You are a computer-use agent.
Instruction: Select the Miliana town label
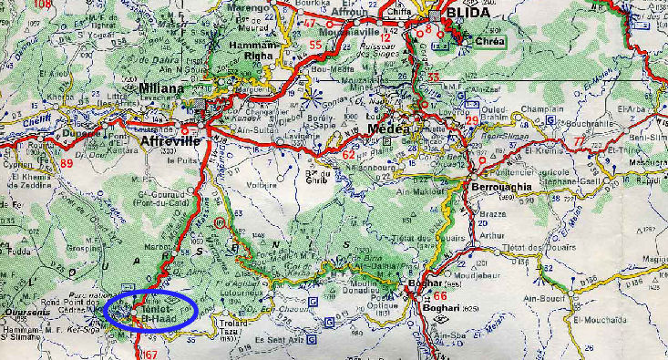(x=163, y=89)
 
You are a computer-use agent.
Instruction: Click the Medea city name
(x=388, y=129)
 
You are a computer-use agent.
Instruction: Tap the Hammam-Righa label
(x=241, y=51)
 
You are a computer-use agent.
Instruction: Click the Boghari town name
(x=441, y=309)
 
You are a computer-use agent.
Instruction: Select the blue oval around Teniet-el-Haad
(x=151, y=310)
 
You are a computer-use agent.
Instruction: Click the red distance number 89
(x=66, y=163)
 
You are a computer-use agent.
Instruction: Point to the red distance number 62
(x=348, y=154)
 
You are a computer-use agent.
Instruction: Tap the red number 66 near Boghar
(x=440, y=296)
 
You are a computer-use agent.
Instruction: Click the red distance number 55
(x=315, y=44)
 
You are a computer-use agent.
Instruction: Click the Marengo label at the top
(x=254, y=7)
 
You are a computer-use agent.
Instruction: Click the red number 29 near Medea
(x=471, y=121)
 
